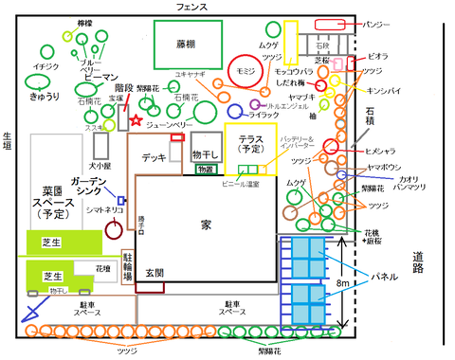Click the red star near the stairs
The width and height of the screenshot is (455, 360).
[138, 120]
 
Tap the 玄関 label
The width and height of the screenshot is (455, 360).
[155, 273]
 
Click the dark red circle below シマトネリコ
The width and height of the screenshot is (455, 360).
[113, 227]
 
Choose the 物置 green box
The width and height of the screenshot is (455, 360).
[205, 169]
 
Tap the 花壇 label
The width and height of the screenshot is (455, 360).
[102, 267]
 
